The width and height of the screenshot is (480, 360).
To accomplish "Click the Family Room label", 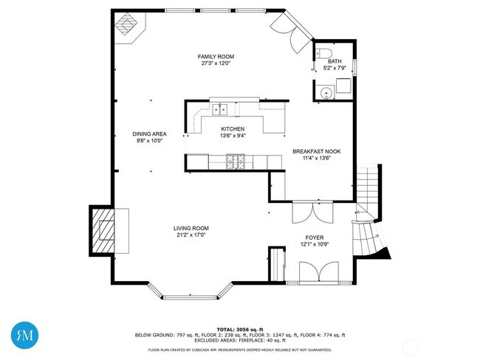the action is click(216, 57).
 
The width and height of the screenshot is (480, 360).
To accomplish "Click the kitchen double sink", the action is click(220, 109).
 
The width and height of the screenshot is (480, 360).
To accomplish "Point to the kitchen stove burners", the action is click(236, 162).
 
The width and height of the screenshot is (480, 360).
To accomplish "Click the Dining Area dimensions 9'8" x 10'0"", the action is click(149, 141).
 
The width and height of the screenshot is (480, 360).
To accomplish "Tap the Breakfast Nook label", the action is click(317, 151).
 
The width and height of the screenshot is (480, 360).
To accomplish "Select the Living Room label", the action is click(191, 228).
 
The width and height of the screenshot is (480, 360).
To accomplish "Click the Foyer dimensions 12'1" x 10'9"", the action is click(315, 244).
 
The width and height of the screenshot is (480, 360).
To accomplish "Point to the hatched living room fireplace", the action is click(102, 231).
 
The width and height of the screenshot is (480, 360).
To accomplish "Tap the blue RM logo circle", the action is click(25, 335).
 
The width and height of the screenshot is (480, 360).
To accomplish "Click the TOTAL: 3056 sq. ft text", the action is click(240, 330).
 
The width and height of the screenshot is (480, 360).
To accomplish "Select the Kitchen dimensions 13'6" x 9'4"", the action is click(233, 136).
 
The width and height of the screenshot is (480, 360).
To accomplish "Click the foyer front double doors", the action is click(319, 271).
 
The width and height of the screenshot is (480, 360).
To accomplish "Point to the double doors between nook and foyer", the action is click(312, 212).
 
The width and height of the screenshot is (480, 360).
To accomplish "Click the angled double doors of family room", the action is click(292, 32).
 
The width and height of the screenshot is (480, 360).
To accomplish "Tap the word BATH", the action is click(335, 61).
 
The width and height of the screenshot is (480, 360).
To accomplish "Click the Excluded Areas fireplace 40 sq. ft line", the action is click(240, 340).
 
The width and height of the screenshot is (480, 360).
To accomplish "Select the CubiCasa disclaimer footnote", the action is click(240, 350).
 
